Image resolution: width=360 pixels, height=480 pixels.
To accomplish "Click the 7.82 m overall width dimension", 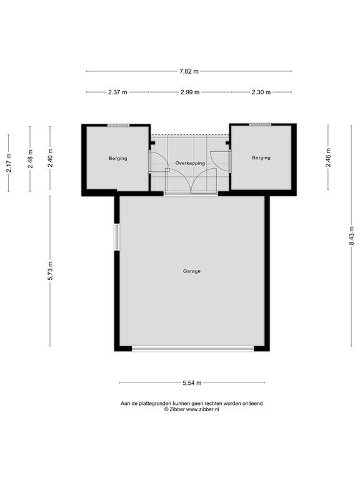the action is pos(189,71).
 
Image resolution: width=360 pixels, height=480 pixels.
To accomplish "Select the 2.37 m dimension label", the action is pos(117,92).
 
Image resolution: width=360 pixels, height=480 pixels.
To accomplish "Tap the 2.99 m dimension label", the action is pos(190,92).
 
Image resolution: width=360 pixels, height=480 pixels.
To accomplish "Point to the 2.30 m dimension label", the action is pos(261,92).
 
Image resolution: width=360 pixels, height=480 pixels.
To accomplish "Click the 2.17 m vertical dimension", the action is pos(9,162).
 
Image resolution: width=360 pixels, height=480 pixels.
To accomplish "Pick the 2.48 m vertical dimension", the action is pos(30,159).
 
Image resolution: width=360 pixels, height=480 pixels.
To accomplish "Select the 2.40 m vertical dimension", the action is pos(50,157).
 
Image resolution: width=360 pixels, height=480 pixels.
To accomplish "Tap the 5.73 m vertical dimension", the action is pos(50,271).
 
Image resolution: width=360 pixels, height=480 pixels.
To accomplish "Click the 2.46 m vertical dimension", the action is pos(328,157).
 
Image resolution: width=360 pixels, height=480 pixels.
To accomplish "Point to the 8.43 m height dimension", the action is pos(351,236).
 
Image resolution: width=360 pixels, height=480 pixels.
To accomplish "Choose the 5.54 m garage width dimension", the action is pos(192,382).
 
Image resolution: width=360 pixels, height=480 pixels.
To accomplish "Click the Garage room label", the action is pos(192,271).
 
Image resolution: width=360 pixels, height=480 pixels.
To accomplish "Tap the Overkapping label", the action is pos(190,163).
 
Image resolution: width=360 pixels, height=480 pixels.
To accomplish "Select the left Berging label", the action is pos(118,158).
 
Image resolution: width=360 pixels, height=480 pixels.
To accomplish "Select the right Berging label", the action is pos(261,157).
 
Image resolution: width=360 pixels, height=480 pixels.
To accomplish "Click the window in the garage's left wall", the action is pos(117,237).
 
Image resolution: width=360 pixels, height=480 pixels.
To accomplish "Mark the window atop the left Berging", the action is pos(118,125).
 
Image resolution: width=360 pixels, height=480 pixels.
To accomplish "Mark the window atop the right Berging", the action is pos(260,124).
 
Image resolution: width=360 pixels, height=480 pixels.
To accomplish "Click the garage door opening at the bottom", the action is pos(193,348).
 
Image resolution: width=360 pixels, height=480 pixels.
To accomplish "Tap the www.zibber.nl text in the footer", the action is pos(202,409).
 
